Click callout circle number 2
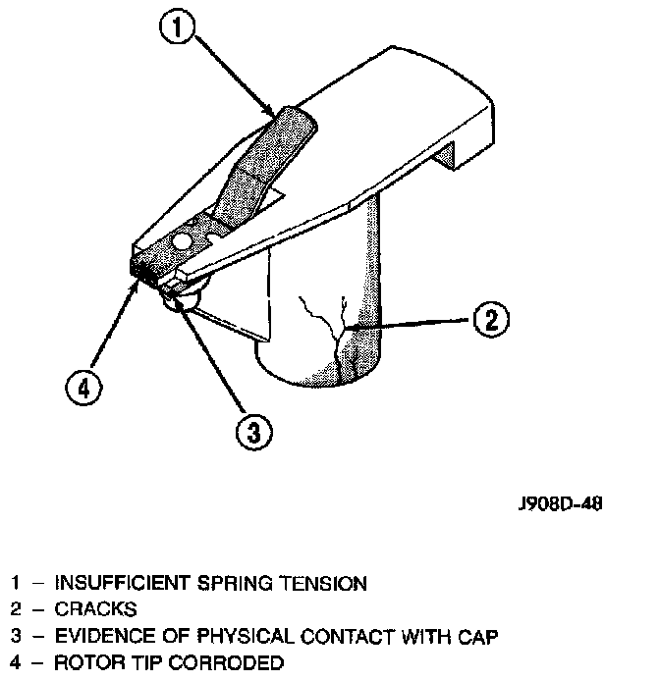click(x=491, y=320)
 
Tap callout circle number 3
click(x=252, y=430)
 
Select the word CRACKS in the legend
click(x=95, y=609)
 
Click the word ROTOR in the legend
click(x=83, y=662)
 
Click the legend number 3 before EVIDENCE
click(x=15, y=637)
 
